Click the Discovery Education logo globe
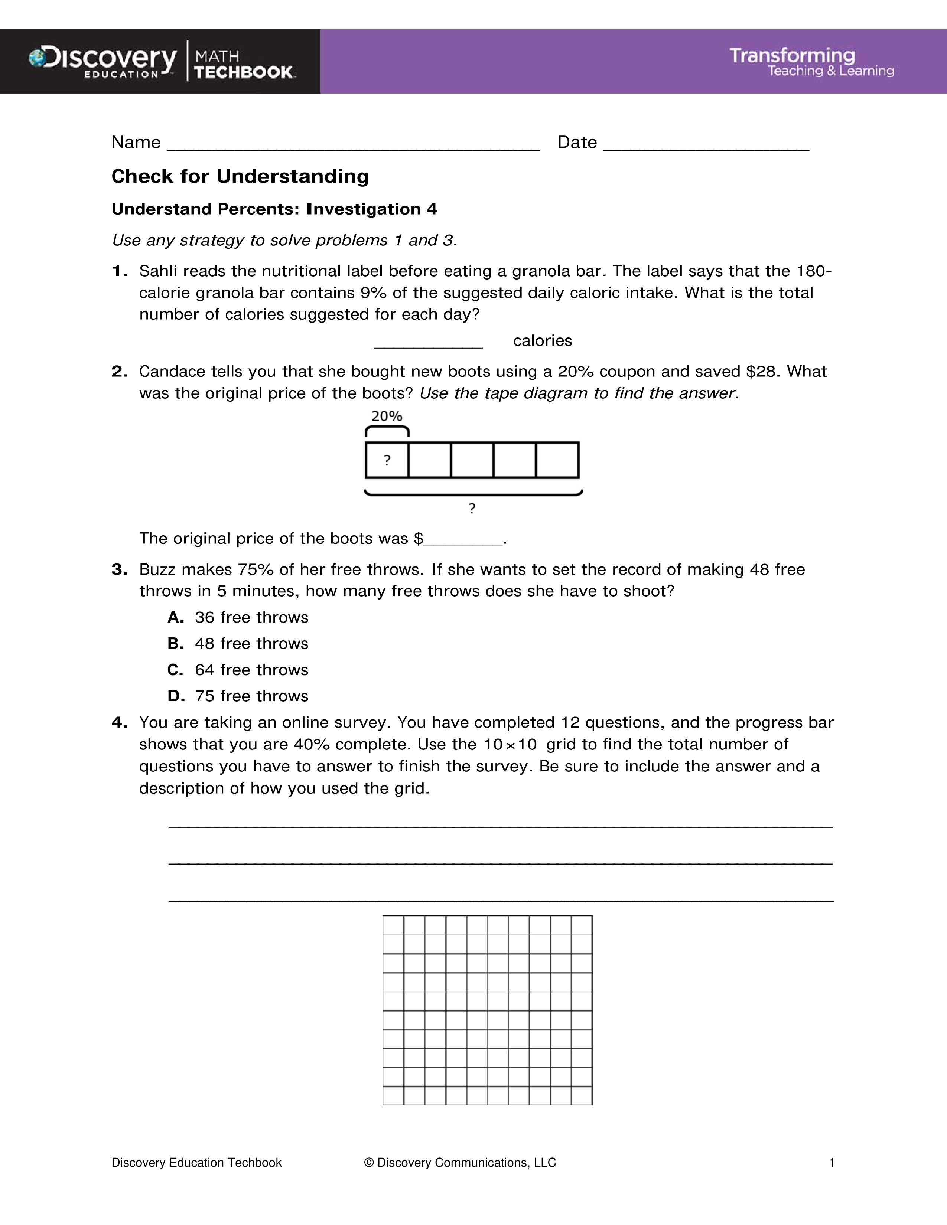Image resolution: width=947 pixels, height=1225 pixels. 38,58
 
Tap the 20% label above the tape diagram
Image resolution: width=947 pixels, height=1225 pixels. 387,416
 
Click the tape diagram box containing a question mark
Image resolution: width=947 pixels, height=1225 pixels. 387,461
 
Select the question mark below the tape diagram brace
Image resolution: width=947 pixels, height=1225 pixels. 472,508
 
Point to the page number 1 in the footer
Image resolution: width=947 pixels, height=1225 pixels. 832,1163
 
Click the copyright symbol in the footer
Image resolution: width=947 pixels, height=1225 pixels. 369,1163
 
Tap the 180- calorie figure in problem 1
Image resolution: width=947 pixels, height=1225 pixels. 813,271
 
